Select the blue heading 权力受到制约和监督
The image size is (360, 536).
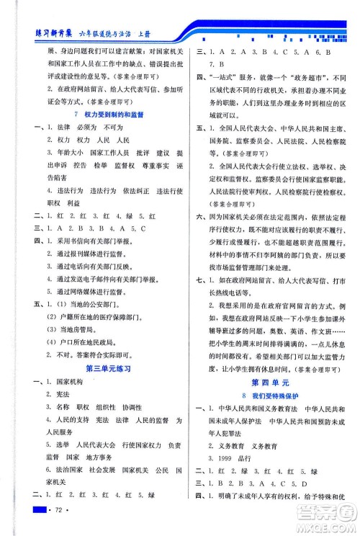(109, 115)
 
